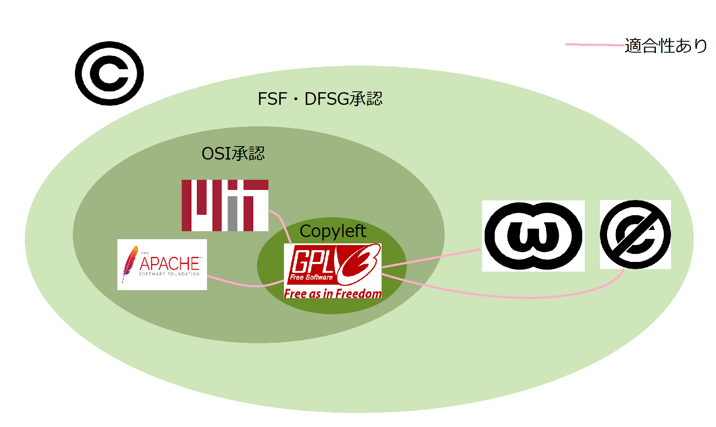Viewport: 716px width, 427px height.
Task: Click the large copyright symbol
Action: pyautogui.click(x=109, y=73)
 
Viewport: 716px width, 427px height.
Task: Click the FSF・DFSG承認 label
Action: pyautogui.click(x=320, y=99)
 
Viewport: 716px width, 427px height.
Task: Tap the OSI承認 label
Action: pyautogui.click(x=233, y=154)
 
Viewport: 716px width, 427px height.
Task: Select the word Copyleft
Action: pyautogui.click(x=333, y=231)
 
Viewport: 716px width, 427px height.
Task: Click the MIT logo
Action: pyautogui.click(x=225, y=205)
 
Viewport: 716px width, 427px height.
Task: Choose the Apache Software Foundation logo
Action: pyautogui.click(x=162, y=264)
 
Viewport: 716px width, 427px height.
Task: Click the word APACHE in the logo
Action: pyautogui.click(x=170, y=264)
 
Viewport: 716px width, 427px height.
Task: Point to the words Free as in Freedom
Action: pyautogui.click(x=333, y=294)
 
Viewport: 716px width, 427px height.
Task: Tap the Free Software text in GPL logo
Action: pyautogui.click(x=311, y=278)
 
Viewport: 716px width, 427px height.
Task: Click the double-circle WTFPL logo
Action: pyautogui.click(x=533, y=236)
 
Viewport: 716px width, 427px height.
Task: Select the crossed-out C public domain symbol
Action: pyautogui.click(x=635, y=235)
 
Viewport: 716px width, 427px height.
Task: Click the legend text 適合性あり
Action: pyautogui.click(x=666, y=45)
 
